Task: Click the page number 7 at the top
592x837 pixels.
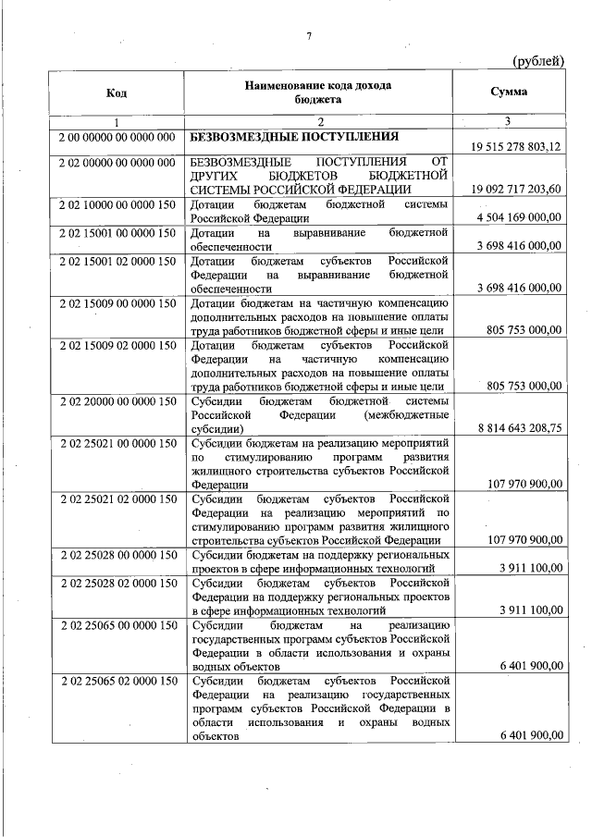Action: point(310,36)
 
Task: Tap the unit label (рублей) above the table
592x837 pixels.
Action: point(538,61)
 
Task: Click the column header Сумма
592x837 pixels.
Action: point(510,92)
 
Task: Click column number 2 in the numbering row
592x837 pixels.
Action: point(319,122)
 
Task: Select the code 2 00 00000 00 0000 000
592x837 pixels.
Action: point(117,138)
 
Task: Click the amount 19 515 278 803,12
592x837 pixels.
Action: point(516,147)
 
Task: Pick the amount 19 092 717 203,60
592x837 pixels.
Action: point(516,189)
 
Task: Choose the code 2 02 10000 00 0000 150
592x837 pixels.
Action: point(117,204)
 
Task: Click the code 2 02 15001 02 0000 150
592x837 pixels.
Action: point(117,262)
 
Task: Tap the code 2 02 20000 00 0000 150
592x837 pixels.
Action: point(117,401)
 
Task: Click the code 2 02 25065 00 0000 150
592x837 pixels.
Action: point(117,626)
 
